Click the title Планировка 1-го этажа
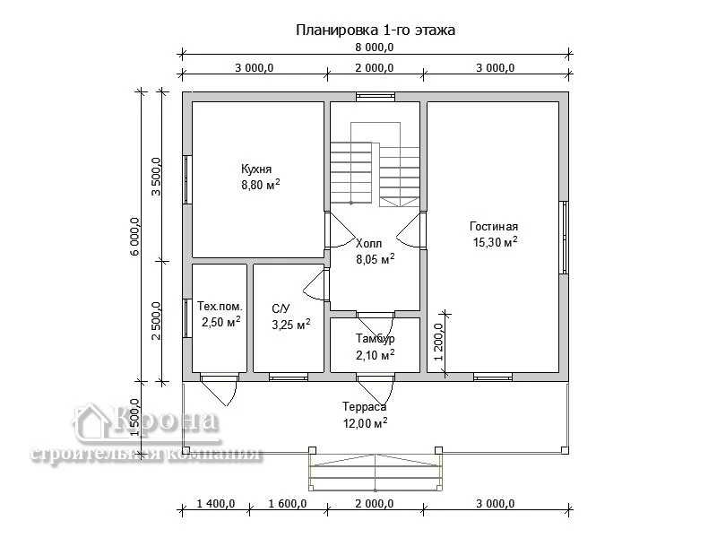pyautogui.click(x=375, y=30)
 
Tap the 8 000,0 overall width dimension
pyautogui.click(x=375, y=48)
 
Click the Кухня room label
pyautogui.click(x=256, y=169)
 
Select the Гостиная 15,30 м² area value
pyautogui.click(x=495, y=242)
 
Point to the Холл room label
pyautogui.click(x=368, y=243)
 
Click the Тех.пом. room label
pyautogui.click(x=220, y=306)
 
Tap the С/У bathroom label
pyautogui.click(x=281, y=308)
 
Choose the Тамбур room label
pyautogui.click(x=375, y=339)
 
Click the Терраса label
pyautogui.click(x=365, y=407)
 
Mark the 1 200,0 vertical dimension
pyautogui.click(x=439, y=343)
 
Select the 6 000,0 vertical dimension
pyautogui.click(x=134, y=236)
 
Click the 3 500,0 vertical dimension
pyautogui.click(x=156, y=177)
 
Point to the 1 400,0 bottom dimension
pyautogui.click(x=216, y=504)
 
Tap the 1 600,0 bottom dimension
pyautogui.click(x=288, y=504)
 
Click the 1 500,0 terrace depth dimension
pyautogui.click(x=135, y=418)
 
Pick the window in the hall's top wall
pyautogui.click(x=376, y=97)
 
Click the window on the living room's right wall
pyautogui.click(x=565, y=238)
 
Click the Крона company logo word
pyautogui.click(x=163, y=420)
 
